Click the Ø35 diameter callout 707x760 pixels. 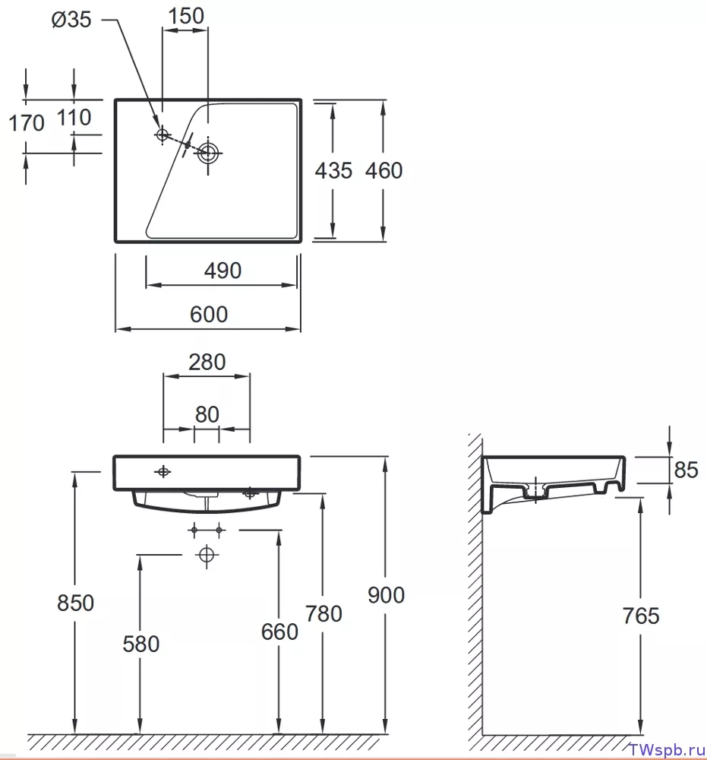tap(71, 20)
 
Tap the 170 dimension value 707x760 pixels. tap(27, 122)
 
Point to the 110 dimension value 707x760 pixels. tap(74, 117)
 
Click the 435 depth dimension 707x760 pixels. tap(333, 170)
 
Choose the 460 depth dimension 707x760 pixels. tap(383, 170)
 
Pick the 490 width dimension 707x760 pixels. tap(223, 271)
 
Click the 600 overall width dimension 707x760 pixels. tap(209, 314)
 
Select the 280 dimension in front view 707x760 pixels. tap(207, 362)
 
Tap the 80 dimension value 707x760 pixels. tap(207, 414)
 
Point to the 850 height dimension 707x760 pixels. tap(75, 603)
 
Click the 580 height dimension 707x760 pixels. tap(141, 644)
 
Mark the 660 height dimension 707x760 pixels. tap(279, 632)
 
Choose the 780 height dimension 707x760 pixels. tap(324, 613)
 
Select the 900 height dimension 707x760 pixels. tap(386, 595)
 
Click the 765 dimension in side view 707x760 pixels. tap(641, 616)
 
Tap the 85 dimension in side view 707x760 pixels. tap(686, 470)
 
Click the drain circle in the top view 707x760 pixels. tap(208, 154)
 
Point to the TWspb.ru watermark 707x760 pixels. tap(667, 750)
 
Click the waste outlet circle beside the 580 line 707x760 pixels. tap(207, 554)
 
